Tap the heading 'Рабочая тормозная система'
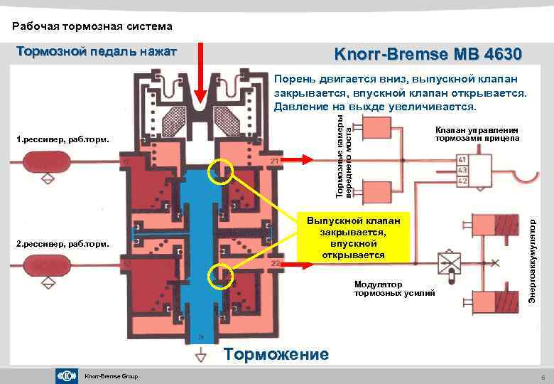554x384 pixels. tap(92, 27)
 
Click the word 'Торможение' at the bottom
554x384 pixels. tap(276, 354)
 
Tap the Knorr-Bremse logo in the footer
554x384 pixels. tap(66, 375)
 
